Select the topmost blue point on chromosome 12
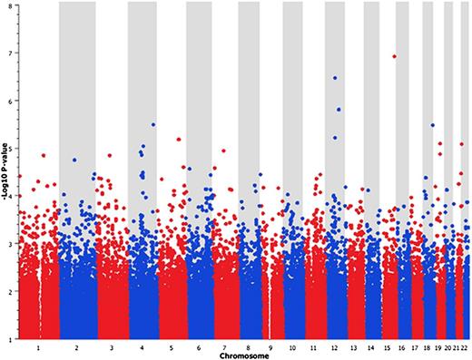(x=335, y=78)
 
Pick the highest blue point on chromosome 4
(x=153, y=124)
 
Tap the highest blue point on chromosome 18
(x=433, y=125)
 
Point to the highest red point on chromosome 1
(x=44, y=155)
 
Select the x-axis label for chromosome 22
(x=466, y=347)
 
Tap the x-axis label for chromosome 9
(x=269, y=347)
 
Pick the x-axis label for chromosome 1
(x=38, y=347)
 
